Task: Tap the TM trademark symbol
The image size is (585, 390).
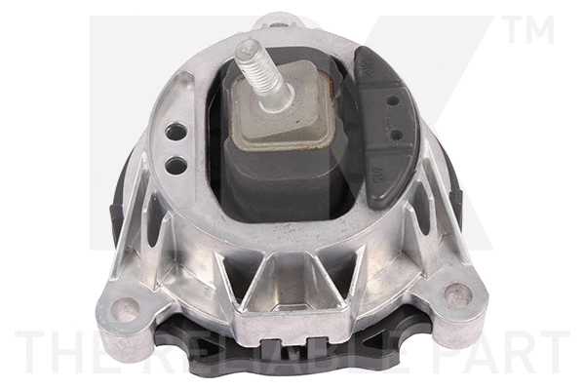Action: point(529,29)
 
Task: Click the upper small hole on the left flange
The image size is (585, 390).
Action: point(176,132)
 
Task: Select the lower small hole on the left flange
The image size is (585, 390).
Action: point(175,164)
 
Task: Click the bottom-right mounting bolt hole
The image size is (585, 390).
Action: point(457,294)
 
